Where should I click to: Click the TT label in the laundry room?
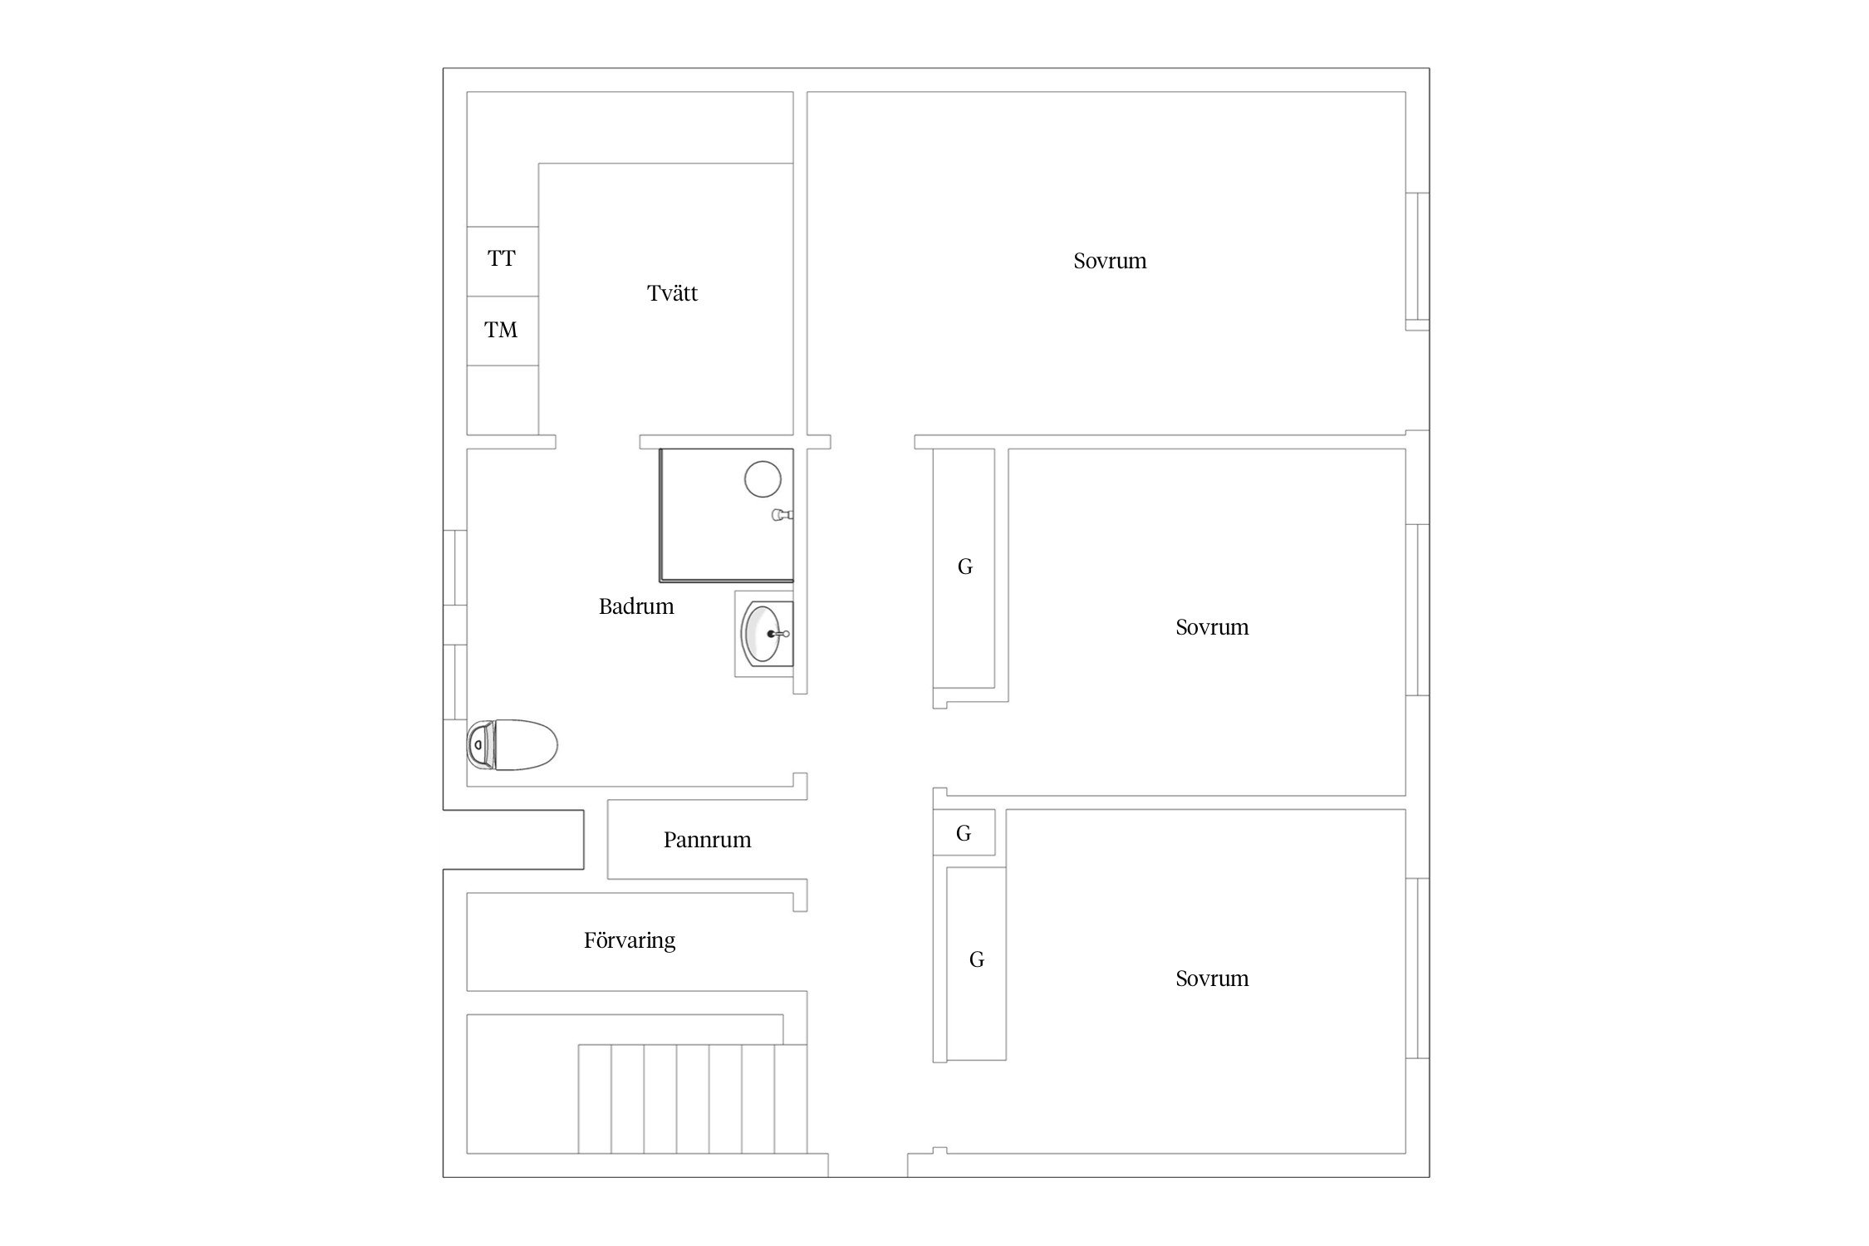(x=502, y=258)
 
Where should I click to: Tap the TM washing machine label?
(x=501, y=330)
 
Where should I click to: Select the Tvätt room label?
(x=672, y=292)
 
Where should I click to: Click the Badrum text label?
(x=636, y=606)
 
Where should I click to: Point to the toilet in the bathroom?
(x=512, y=745)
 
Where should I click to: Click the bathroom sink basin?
(x=763, y=634)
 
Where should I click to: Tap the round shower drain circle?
(x=763, y=479)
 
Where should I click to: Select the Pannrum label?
(x=707, y=840)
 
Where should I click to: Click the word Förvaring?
(x=630, y=940)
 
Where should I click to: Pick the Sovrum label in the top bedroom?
(x=1110, y=261)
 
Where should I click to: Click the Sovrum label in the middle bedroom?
(x=1212, y=627)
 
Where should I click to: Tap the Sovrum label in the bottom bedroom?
(x=1212, y=979)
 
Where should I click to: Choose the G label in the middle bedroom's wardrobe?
(x=964, y=567)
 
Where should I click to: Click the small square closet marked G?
(x=964, y=832)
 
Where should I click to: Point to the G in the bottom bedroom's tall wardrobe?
(x=977, y=959)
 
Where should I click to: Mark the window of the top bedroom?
(x=1417, y=261)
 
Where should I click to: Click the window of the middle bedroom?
(x=1417, y=610)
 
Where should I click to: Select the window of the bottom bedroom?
(x=1417, y=968)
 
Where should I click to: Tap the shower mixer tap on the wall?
(x=782, y=515)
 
